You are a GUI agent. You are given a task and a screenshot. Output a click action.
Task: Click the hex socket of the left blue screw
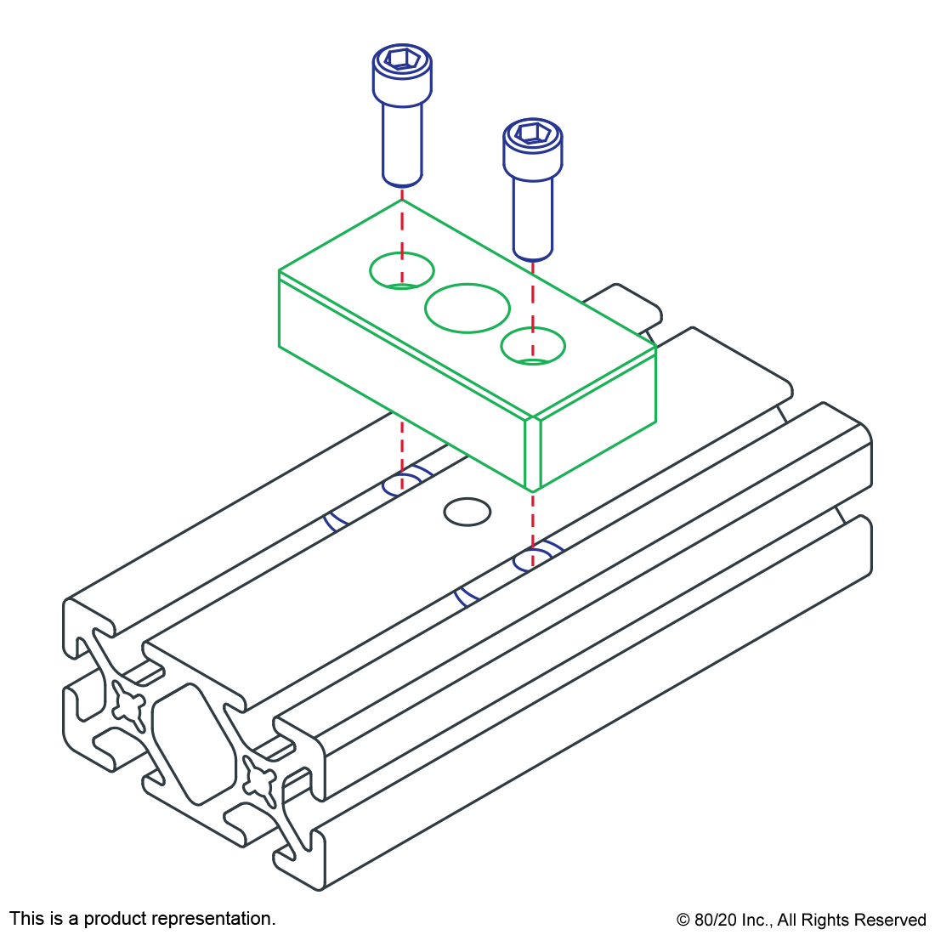[x=401, y=60]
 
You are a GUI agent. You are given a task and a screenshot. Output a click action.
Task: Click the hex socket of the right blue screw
[x=532, y=133]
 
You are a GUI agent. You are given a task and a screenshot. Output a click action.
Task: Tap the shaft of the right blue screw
[x=533, y=216]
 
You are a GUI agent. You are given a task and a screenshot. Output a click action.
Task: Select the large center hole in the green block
[x=467, y=308]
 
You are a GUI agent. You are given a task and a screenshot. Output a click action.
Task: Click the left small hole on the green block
[x=402, y=270]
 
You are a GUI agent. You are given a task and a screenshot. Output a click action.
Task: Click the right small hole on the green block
[x=533, y=346]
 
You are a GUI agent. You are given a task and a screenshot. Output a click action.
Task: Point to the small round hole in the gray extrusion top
[x=467, y=512]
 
